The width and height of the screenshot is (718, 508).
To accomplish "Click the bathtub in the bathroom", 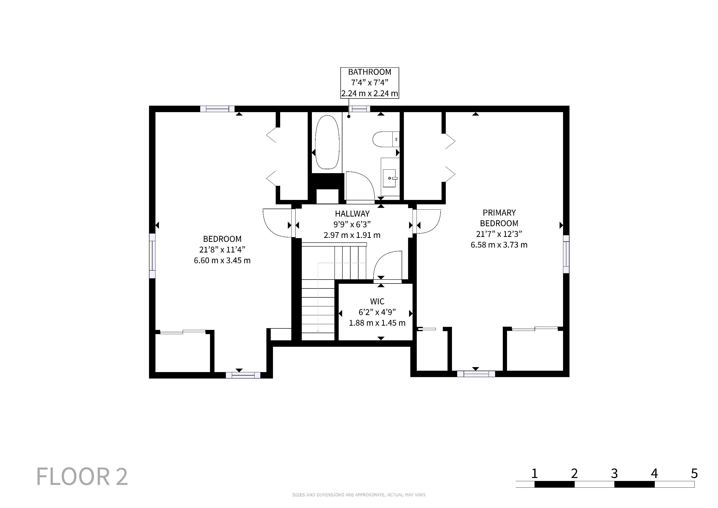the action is [327, 142].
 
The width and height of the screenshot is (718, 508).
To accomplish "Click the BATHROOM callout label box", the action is [370, 83].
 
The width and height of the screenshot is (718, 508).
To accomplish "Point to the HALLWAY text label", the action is [352, 214].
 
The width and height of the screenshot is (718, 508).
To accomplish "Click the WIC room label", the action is [377, 302].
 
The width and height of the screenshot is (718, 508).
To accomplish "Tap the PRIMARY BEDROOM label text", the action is [499, 218].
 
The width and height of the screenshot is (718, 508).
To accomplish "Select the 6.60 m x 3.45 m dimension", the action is [222, 260].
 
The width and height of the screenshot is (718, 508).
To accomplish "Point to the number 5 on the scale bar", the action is [694, 474].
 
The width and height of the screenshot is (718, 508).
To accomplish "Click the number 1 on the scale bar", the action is [535, 474].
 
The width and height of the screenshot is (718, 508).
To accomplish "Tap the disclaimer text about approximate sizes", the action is [359, 495].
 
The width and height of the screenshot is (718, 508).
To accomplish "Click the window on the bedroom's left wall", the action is [152, 256].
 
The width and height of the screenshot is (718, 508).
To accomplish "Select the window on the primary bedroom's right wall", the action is [566, 254].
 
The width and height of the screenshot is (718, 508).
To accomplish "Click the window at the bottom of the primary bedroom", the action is [476, 374].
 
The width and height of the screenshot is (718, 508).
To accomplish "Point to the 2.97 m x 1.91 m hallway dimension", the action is [352, 235].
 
